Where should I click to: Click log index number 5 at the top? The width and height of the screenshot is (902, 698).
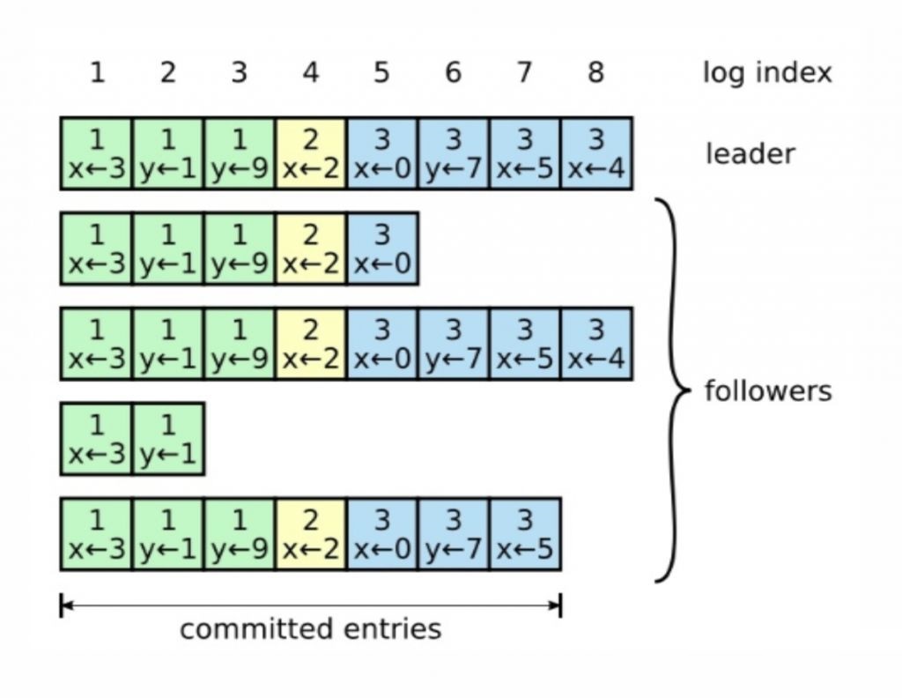(381, 72)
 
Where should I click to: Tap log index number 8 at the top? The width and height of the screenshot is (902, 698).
(596, 72)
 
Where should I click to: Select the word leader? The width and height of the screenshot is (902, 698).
(750, 154)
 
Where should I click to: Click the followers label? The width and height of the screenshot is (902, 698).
(768, 391)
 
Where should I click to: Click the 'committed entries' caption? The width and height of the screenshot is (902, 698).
(311, 628)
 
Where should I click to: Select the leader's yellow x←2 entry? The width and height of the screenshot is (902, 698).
(311, 153)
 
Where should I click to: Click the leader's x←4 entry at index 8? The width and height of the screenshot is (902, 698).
(596, 153)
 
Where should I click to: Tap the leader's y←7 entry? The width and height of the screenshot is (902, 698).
(454, 153)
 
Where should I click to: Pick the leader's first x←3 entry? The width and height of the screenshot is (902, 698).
(96, 153)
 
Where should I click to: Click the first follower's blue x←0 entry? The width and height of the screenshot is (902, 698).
(382, 249)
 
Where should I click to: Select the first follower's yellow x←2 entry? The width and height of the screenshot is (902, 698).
(311, 249)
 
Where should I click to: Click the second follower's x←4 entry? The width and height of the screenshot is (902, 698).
(596, 344)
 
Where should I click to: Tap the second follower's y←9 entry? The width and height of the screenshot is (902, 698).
(240, 344)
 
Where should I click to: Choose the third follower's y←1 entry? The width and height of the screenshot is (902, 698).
(168, 439)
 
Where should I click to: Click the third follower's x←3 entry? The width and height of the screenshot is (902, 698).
(96, 439)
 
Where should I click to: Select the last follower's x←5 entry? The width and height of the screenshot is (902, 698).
(525, 534)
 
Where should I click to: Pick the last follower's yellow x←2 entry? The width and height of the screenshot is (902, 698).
(311, 534)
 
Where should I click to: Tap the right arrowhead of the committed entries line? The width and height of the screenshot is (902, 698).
(557, 605)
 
